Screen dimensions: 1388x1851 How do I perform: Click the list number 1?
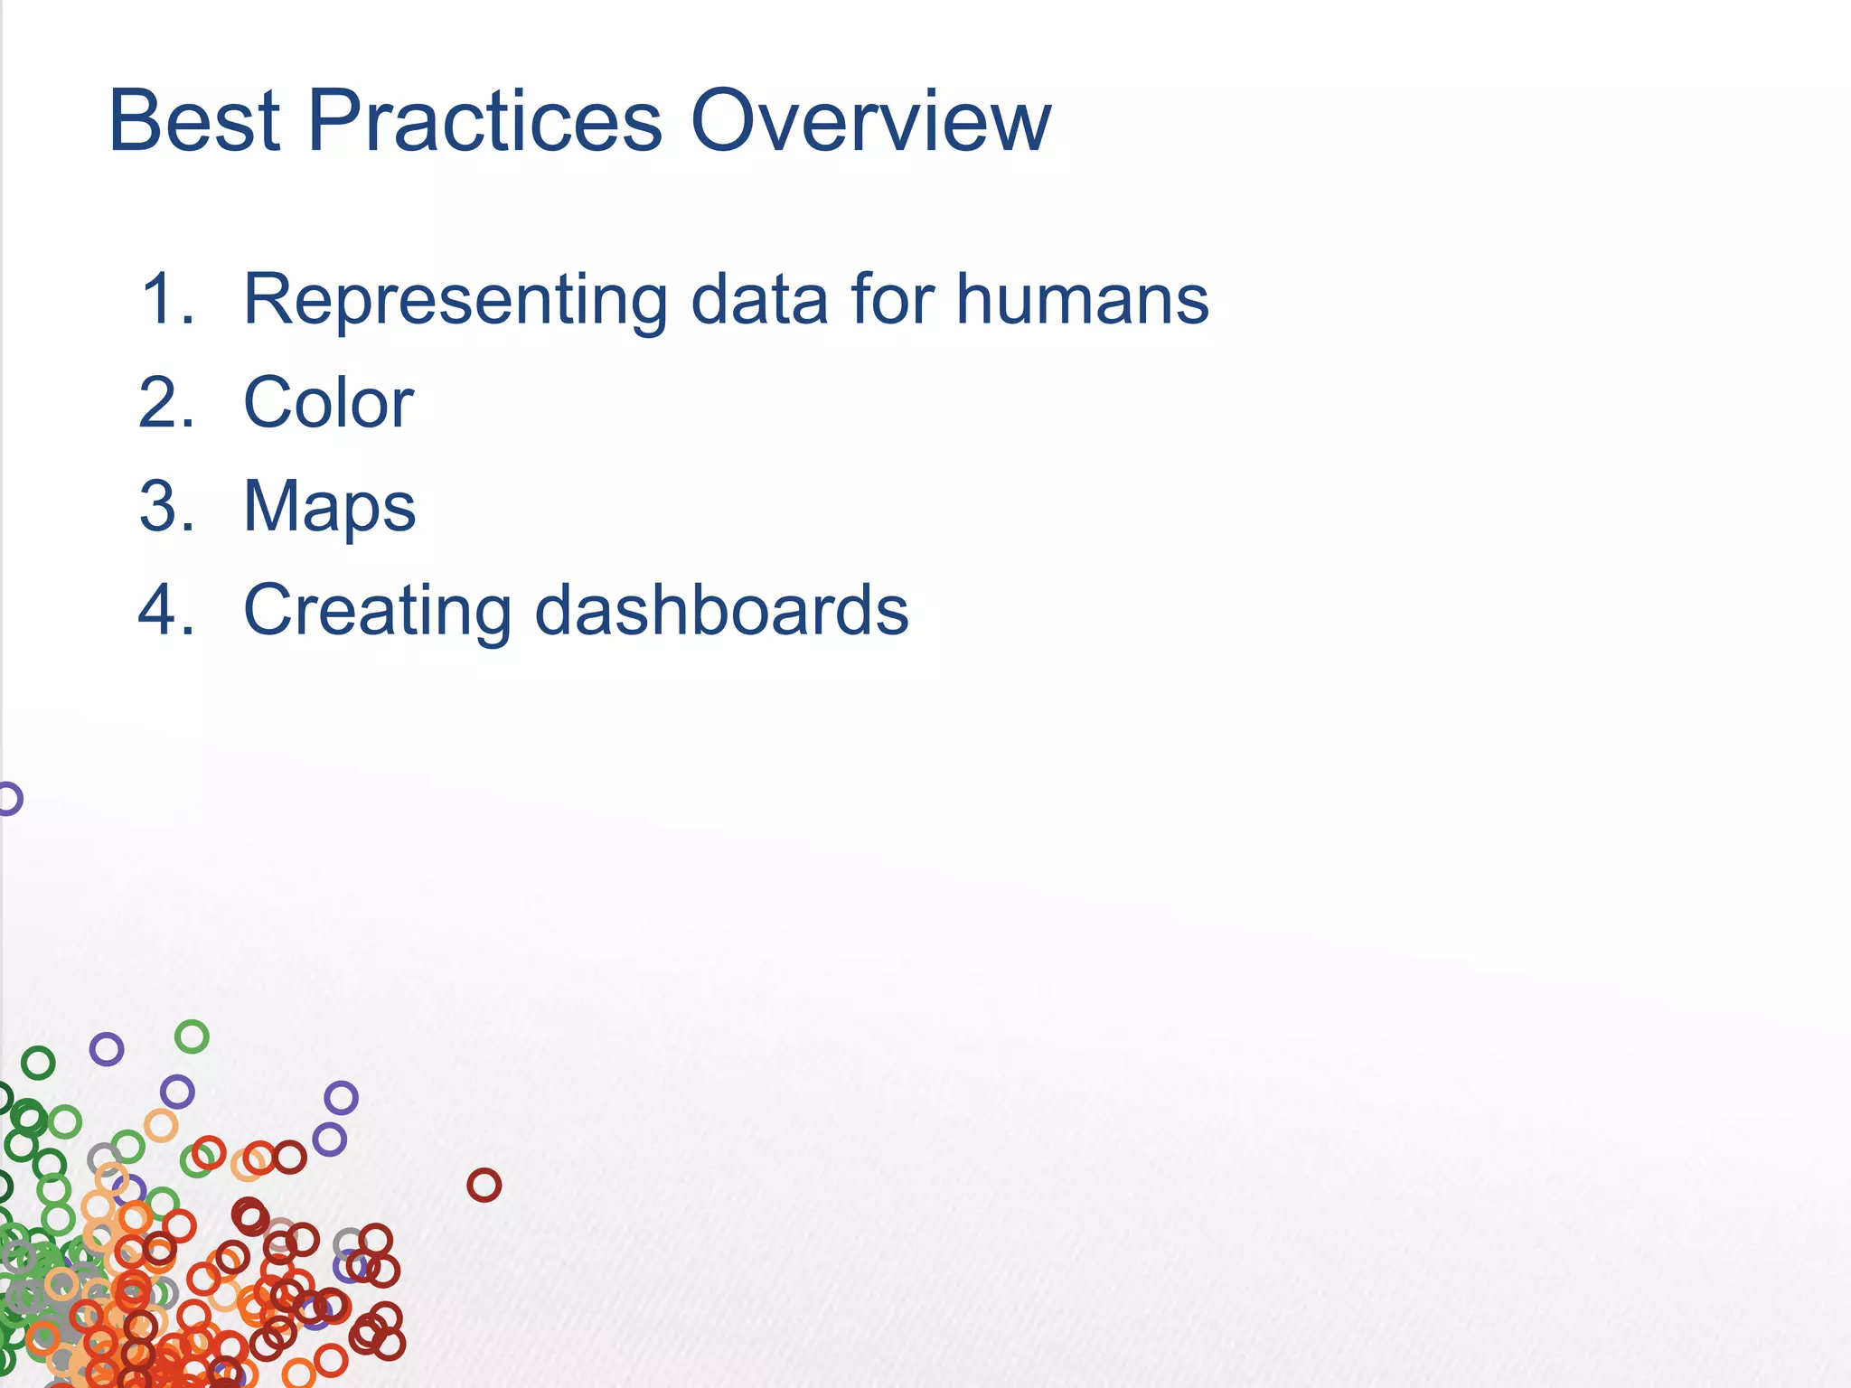point(167,299)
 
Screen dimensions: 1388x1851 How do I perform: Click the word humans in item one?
point(1082,299)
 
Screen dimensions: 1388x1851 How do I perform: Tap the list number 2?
point(167,403)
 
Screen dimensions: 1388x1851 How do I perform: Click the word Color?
point(328,403)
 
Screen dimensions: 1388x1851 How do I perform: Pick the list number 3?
point(167,506)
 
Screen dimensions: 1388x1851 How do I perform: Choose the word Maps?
point(330,506)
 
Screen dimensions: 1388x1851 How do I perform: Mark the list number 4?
point(167,610)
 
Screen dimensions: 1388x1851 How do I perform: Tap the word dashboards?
point(721,610)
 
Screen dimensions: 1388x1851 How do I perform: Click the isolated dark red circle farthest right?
point(484,1185)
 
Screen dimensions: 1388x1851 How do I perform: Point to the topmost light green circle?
point(192,1036)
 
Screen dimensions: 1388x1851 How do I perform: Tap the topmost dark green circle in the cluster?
point(38,1063)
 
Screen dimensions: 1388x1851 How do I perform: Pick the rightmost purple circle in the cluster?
point(341,1098)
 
